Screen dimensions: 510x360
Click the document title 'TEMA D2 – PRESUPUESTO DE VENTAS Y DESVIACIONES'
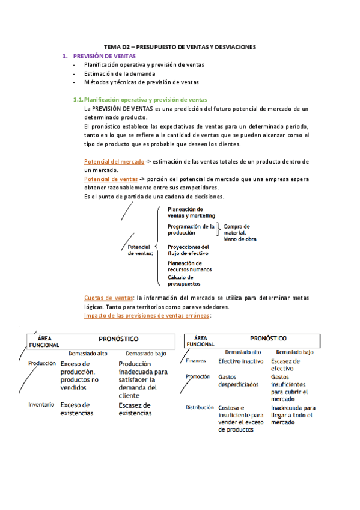[x=180, y=46]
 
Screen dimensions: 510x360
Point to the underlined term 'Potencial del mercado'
[x=114, y=162]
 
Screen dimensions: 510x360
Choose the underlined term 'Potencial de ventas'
[x=111, y=179]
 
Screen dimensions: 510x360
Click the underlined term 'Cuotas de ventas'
[x=109, y=298]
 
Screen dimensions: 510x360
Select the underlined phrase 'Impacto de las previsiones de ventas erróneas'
[x=147, y=315]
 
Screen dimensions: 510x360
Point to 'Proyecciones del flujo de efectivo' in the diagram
[x=189, y=250]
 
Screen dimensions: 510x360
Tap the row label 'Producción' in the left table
[x=42, y=363]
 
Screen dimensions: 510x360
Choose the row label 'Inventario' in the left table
[x=42, y=405]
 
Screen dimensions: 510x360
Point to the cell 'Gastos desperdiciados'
[x=239, y=380]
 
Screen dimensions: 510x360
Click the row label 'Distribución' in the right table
[x=200, y=407]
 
